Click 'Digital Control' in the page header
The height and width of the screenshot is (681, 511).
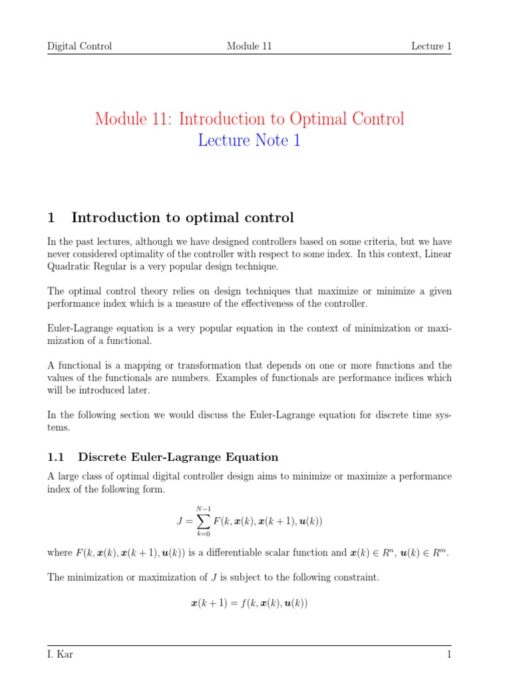[79, 46]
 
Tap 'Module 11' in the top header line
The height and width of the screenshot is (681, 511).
[249, 46]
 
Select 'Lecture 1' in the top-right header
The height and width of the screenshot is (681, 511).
[431, 46]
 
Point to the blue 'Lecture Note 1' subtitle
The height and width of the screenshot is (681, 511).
[249, 141]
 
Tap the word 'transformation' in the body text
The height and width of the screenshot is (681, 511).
[200, 365]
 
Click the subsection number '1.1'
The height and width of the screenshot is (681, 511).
[58, 457]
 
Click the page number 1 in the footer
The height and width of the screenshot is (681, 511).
[449, 655]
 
